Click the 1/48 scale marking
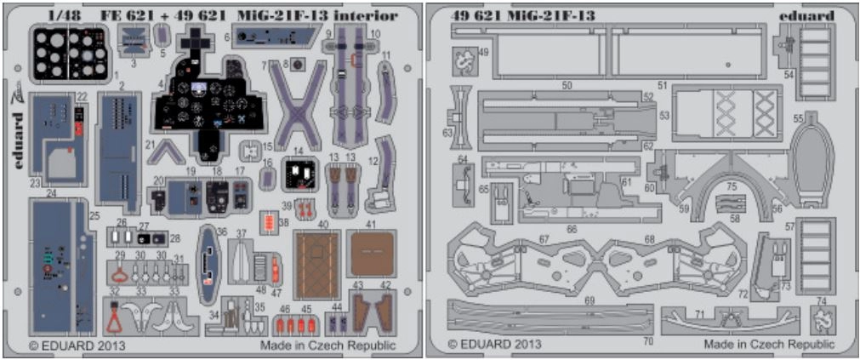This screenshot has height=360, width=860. coord(63,16)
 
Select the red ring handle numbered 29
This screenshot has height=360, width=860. coord(121,272)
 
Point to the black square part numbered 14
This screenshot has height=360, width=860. coord(299,177)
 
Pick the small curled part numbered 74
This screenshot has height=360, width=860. coord(821,321)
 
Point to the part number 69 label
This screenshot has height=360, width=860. coord(589,301)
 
